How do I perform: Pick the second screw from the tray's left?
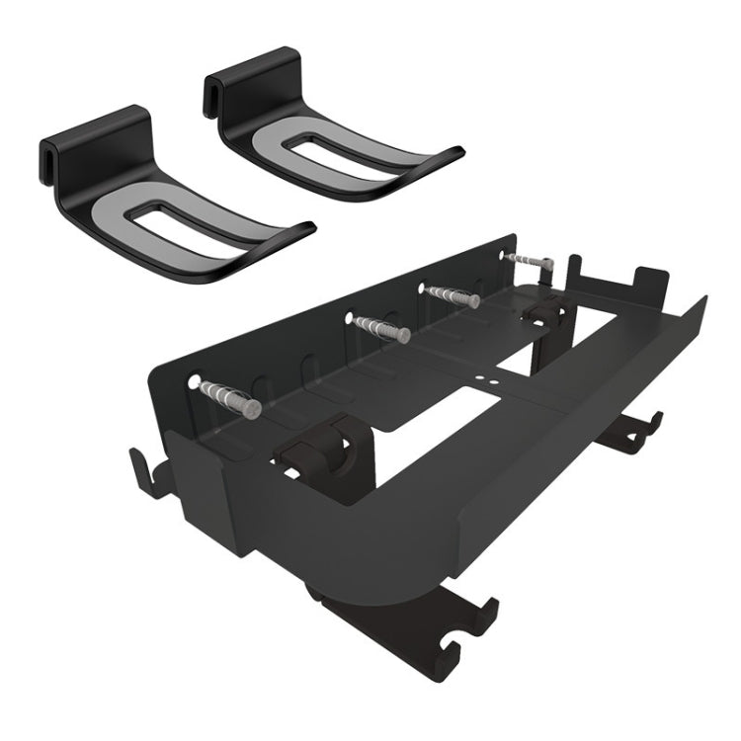pyautogui.click(x=379, y=328)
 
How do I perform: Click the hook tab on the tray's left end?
pyautogui.click(x=147, y=471)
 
